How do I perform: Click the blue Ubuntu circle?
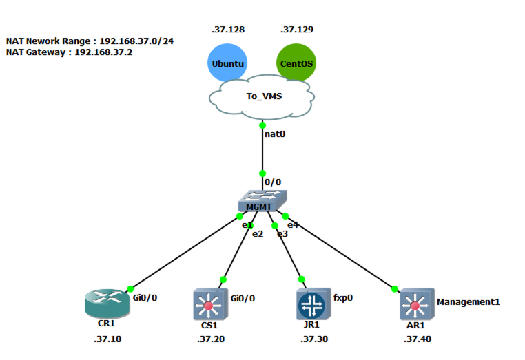click(227, 64)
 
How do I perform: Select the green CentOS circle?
click(296, 64)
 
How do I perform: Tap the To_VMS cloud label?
click(264, 96)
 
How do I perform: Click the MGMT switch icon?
click(262, 201)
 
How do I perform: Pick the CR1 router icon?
click(105, 304)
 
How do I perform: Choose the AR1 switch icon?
click(415, 304)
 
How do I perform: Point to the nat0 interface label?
click(275, 134)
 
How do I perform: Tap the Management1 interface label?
click(468, 301)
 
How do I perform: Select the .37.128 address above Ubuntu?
click(228, 30)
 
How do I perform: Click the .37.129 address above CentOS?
click(297, 30)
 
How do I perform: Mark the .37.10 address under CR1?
click(107, 339)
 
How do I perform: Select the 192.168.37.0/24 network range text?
click(136, 41)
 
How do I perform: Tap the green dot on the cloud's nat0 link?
click(262, 125)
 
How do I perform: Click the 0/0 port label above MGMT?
click(273, 182)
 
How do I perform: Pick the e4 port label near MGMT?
click(293, 225)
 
